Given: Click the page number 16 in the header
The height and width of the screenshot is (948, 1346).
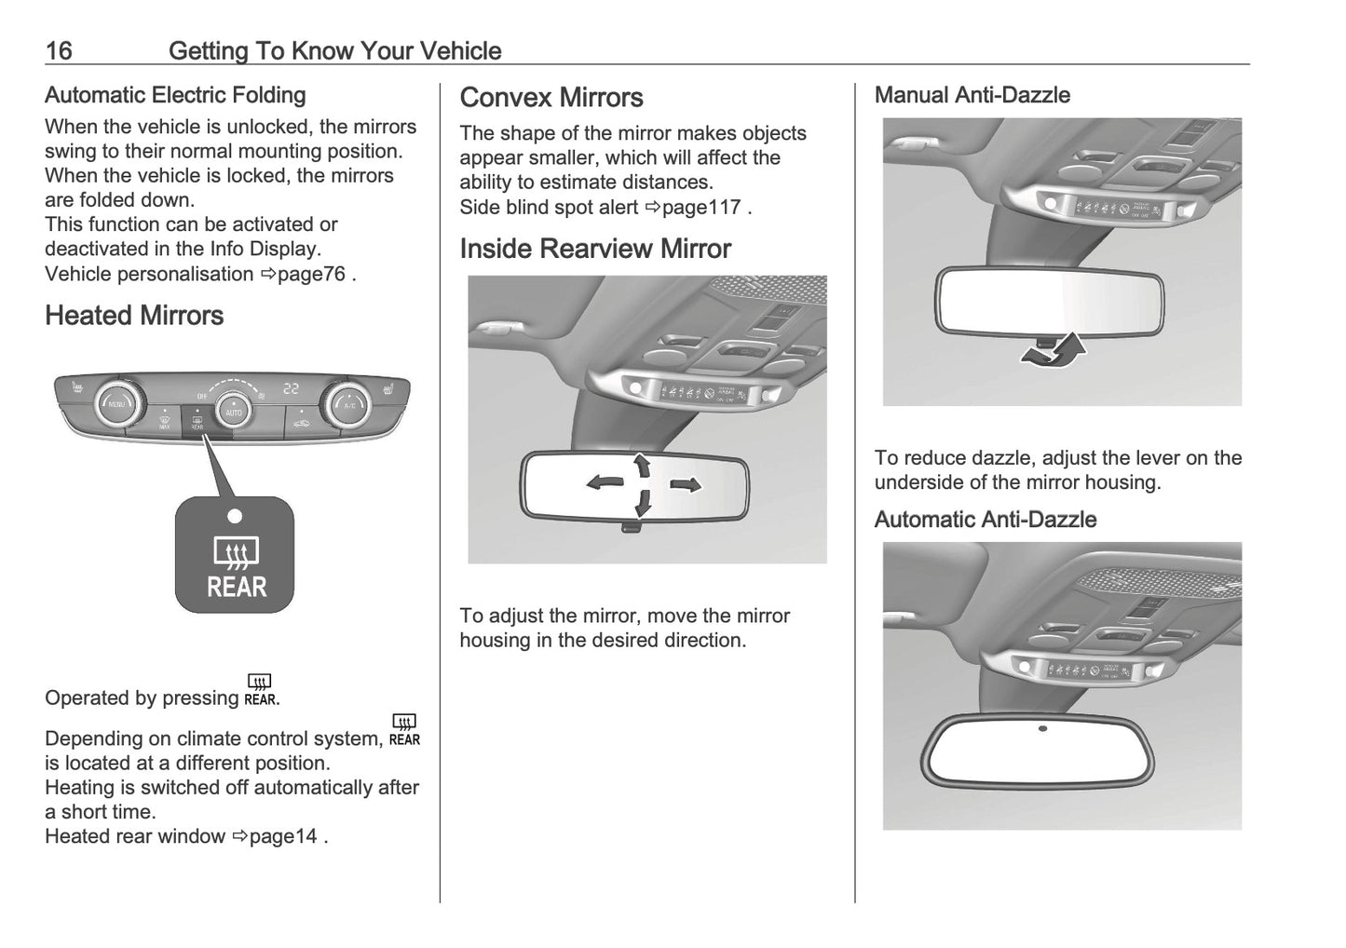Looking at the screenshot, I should click(x=59, y=50).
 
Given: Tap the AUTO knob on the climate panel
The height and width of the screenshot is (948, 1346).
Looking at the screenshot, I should click(x=233, y=411).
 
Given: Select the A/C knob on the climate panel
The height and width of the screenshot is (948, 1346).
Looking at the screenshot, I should click(x=349, y=404).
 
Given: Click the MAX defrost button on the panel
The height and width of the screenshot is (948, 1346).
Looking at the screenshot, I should click(x=165, y=425).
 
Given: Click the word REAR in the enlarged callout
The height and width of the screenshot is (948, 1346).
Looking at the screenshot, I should click(x=236, y=588).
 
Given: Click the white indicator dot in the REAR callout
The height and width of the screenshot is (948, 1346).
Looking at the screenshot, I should click(x=235, y=516).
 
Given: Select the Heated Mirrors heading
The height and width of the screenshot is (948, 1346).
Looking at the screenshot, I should click(x=134, y=316).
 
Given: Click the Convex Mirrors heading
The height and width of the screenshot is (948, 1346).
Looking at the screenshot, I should click(x=551, y=98).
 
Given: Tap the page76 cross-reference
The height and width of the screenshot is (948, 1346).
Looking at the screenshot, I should click(x=311, y=274).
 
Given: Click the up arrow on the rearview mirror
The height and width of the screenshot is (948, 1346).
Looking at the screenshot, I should click(x=641, y=464).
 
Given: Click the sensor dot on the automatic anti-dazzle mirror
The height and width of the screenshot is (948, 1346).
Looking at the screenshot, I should click(x=1042, y=728).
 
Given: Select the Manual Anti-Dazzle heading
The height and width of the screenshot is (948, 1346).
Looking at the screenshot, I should click(x=972, y=95).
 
